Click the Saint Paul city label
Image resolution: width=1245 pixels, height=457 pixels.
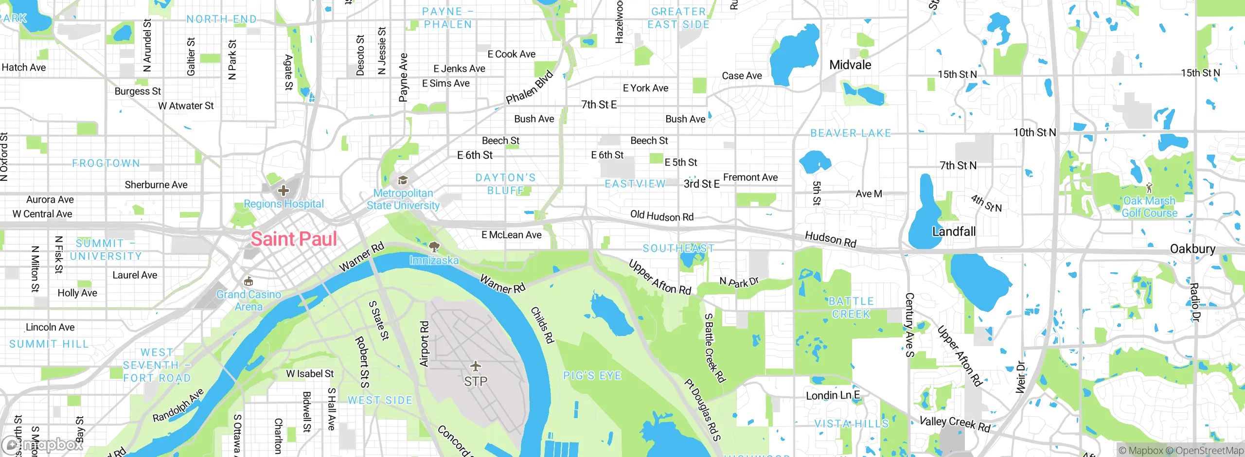tap(294, 239)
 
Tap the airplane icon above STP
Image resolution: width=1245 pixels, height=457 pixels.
tap(476, 366)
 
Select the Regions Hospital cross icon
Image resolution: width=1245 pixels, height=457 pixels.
tap(284, 191)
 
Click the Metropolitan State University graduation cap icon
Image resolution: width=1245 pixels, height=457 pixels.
tap(403, 181)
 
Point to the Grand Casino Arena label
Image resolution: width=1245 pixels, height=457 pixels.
tap(249, 300)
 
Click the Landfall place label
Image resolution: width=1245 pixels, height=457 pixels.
tap(954, 231)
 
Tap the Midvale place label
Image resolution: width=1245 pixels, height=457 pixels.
tap(850, 65)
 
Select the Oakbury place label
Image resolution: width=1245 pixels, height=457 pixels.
tap(1192, 249)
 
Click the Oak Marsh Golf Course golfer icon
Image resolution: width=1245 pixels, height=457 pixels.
tap(1149, 188)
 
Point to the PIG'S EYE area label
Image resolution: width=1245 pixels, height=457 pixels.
tap(592, 375)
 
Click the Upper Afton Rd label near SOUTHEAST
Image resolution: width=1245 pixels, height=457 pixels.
tap(659, 278)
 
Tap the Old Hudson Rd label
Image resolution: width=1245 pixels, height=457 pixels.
tap(661, 216)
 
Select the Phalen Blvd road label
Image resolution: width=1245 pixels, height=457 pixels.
tap(530, 88)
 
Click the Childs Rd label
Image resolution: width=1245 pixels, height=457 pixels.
tap(542, 325)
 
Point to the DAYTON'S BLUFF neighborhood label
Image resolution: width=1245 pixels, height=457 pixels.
tap(506, 184)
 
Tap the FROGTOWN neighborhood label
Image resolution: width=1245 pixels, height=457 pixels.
tap(106, 163)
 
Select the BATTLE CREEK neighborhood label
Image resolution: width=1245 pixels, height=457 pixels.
tap(851, 308)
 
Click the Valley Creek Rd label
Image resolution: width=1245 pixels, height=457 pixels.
tap(955, 424)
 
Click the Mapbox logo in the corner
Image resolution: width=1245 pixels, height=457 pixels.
tap(43, 444)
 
